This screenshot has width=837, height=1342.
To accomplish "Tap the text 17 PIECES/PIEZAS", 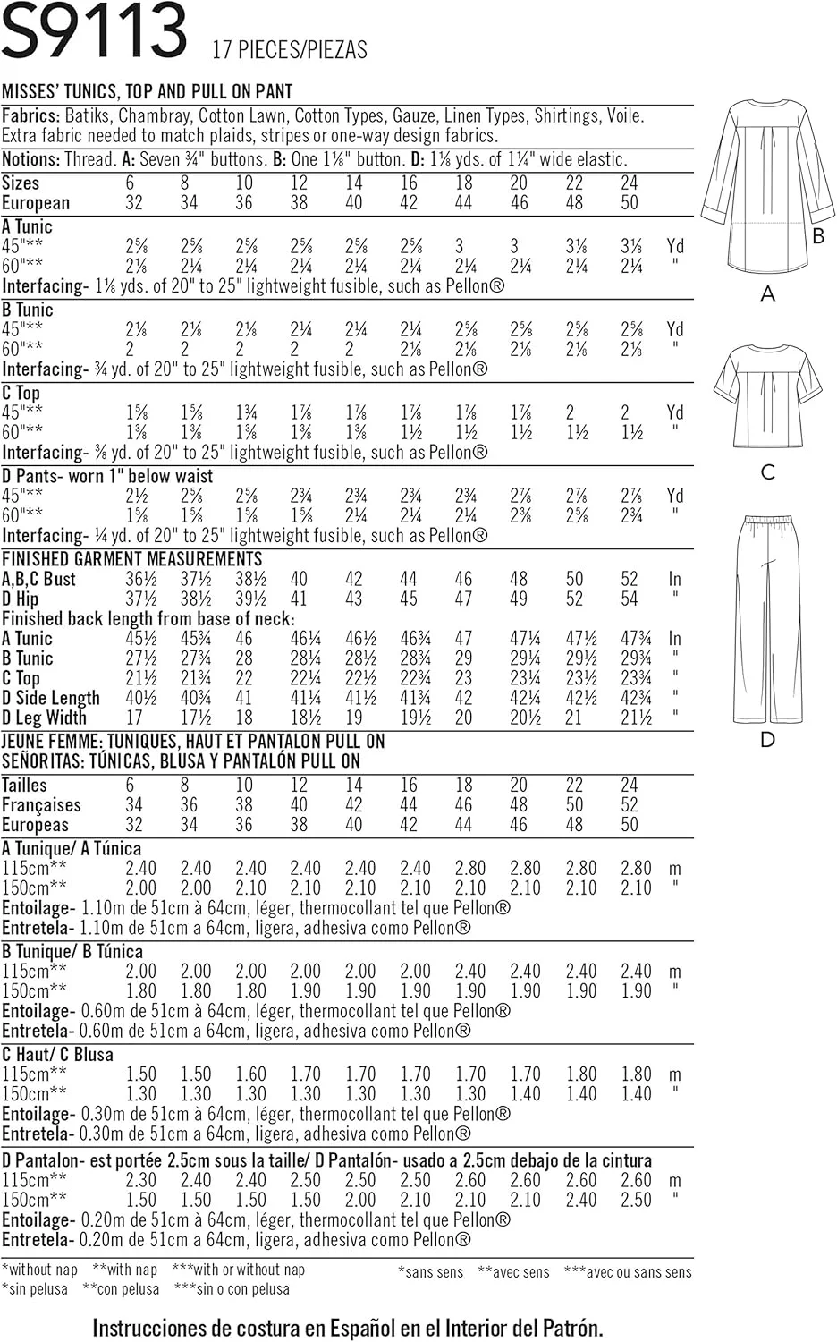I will click(x=290, y=49).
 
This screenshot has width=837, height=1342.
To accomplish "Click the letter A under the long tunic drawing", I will click(x=767, y=293).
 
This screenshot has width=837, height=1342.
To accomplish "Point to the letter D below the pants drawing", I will click(x=767, y=739).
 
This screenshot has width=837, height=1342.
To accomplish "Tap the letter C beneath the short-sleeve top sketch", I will click(x=767, y=471).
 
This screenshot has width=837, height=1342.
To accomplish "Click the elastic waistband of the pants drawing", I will click(x=767, y=519).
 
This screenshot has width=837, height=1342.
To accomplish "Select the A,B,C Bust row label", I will click(x=39, y=579).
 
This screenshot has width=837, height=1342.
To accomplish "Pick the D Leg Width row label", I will click(x=45, y=718).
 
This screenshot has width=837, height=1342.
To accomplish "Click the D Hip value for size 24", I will click(x=630, y=599).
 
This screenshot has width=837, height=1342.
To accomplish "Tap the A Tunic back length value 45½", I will click(x=140, y=639).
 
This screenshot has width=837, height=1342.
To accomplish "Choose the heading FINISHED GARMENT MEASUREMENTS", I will click(x=131, y=559).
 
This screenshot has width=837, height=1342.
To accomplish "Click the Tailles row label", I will click(x=24, y=785).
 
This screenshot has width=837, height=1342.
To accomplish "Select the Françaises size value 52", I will click(x=630, y=805).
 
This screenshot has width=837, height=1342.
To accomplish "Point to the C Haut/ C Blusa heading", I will click(x=58, y=1055).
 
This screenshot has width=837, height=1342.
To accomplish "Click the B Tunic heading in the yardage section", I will click(x=28, y=310).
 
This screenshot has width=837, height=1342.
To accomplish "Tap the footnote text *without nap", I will click(x=40, y=1270).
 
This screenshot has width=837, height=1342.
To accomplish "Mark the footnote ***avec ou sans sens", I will click(x=628, y=1271).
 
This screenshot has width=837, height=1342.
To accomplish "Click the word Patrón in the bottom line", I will click(x=568, y=1328).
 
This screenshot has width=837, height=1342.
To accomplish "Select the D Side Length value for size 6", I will click(x=140, y=698).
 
